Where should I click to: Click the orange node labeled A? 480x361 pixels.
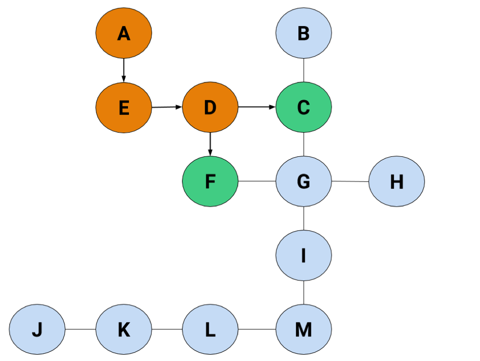click(x=124, y=33)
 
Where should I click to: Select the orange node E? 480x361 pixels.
click(x=124, y=108)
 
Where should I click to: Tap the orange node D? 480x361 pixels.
click(x=210, y=107)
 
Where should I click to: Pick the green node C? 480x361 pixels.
click(x=303, y=107)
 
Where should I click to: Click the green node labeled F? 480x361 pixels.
click(x=210, y=181)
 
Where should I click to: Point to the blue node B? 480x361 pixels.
click(x=303, y=33)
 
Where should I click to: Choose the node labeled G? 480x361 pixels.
click(x=303, y=181)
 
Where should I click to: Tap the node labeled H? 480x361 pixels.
click(x=396, y=181)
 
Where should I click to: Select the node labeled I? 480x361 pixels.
click(x=303, y=255)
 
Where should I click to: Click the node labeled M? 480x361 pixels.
click(x=303, y=329)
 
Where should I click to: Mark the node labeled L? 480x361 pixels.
click(x=210, y=329)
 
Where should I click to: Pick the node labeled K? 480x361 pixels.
click(x=124, y=329)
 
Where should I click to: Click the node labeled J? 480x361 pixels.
click(x=37, y=329)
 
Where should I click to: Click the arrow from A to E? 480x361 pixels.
click(x=124, y=70)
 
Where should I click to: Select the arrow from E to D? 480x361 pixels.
click(x=167, y=107)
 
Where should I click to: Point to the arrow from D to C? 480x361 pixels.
click(x=257, y=107)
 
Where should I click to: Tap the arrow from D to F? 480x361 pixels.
click(x=210, y=144)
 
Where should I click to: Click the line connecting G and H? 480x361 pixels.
click(x=350, y=181)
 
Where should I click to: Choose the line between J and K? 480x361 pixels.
click(x=81, y=329)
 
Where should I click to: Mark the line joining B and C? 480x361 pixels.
click(x=303, y=70)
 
